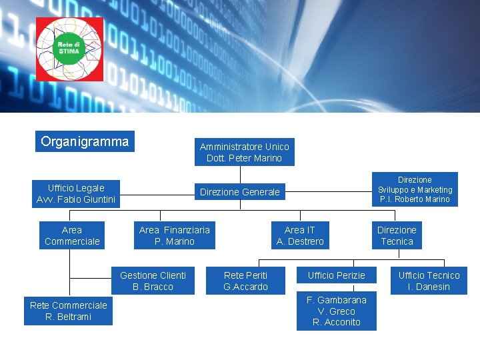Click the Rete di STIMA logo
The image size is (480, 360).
69,49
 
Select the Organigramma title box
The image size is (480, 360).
85,141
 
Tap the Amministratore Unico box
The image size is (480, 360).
244,152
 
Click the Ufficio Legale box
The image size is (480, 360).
76,193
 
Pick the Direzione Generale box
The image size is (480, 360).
240,192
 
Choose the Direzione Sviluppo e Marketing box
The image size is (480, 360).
415,189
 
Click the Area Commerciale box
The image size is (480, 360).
72,235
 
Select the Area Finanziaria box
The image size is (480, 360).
174,235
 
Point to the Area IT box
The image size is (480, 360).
300,235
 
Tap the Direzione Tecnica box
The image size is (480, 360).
397,235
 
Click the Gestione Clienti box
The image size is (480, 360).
153,281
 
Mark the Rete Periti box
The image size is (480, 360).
245,281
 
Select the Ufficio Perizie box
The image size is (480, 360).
336,275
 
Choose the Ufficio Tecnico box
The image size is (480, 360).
429,281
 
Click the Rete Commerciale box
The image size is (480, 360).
68,311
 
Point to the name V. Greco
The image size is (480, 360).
336,311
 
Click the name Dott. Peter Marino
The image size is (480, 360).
244,159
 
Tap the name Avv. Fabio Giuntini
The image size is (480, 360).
76,199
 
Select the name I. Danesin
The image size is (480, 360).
429,287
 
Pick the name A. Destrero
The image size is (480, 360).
300,241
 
